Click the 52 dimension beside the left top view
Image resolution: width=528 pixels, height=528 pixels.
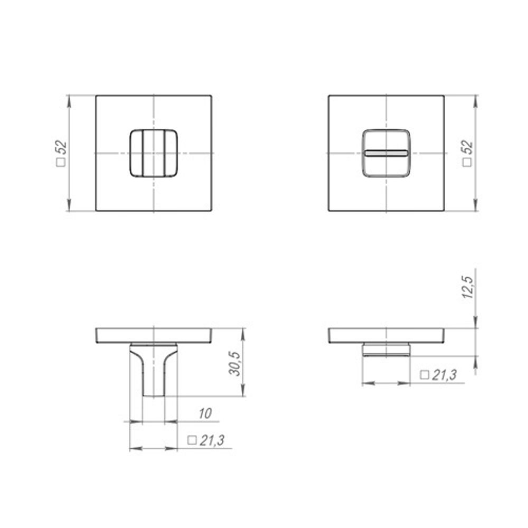(x=61, y=147)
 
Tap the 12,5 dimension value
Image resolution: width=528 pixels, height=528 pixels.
(x=467, y=285)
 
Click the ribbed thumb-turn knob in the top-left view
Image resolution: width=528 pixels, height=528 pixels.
(x=153, y=153)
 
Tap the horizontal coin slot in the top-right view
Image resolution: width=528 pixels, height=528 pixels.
(x=386, y=153)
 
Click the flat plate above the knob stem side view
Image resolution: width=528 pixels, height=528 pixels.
(x=154, y=335)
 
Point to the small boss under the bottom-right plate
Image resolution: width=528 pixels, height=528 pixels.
(x=386, y=350)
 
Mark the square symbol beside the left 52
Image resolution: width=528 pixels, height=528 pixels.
(x=61, y=163)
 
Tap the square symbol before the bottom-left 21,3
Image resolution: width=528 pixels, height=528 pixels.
(x=192, y=440)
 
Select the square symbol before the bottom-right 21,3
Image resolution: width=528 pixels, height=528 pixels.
(x=423, y=375)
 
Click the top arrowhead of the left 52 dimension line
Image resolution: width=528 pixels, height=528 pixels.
(x=69, y=99)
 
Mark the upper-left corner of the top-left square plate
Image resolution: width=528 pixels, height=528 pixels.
(x=96, y=96)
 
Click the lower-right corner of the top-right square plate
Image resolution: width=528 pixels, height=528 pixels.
(x=444, y=211)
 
